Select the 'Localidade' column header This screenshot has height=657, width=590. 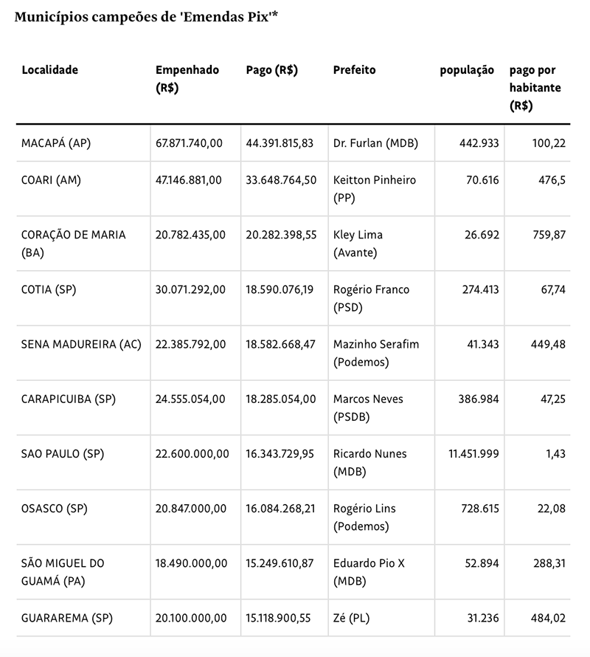(x=50, y=70)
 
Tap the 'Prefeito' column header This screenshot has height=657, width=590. (x=354, y=70)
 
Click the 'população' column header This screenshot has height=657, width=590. (x=467, y=70)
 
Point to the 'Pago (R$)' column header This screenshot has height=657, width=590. (x=271, y=70)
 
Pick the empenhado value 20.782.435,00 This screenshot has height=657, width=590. (x=190, y=235)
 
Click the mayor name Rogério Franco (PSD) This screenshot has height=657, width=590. (x=371, y=298)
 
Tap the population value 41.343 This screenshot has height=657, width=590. (x=480, y=344)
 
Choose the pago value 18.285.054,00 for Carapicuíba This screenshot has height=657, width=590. (x=280, y=399)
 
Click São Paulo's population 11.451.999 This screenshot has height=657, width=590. (x=473, y=453)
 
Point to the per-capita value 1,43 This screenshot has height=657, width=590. (x=555, y=453)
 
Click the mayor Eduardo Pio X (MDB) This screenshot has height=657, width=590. (x=369, y=571)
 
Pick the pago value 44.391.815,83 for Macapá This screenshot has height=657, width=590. (x=280, y=143)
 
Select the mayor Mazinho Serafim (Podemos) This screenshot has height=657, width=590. (x=376, y=353)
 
